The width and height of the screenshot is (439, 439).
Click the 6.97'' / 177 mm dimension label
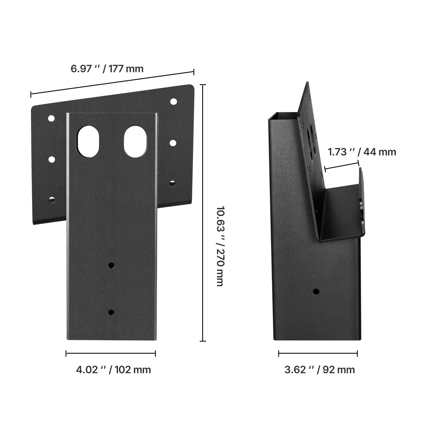click(x=107, y=69)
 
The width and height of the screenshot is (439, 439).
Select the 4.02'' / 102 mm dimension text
click(x=113, y=370)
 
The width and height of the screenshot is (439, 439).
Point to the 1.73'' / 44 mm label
click(x=362, y=152)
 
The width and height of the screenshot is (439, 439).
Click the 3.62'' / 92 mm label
click(x=319, y=370)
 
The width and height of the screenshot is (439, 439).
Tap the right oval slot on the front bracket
click(x=135, y=141)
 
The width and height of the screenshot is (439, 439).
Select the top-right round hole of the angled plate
click(x=173, y=102)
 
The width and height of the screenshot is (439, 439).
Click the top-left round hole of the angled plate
click(x=51, y=119)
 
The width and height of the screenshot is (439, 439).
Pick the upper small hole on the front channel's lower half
click(x=111, y=265)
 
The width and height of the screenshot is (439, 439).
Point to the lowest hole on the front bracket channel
click(x=111, y=312)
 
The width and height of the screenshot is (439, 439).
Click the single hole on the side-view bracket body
click(x=316, y=291)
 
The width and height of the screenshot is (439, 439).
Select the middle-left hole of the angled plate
click(x=51, y=159)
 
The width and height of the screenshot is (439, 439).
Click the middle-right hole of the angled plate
click(x=173, y=143)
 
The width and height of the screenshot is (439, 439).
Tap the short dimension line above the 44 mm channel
click(x=342, y=165)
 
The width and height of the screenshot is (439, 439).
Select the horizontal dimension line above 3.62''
click(x=318, y=353)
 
